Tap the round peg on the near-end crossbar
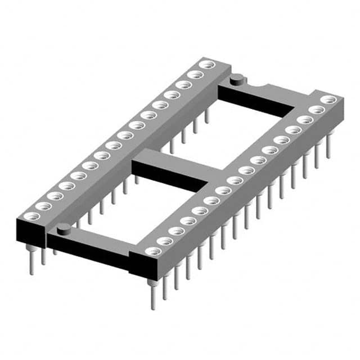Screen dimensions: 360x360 64,228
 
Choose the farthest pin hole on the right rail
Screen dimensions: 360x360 328,100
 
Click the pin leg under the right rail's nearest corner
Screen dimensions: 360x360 152,294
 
